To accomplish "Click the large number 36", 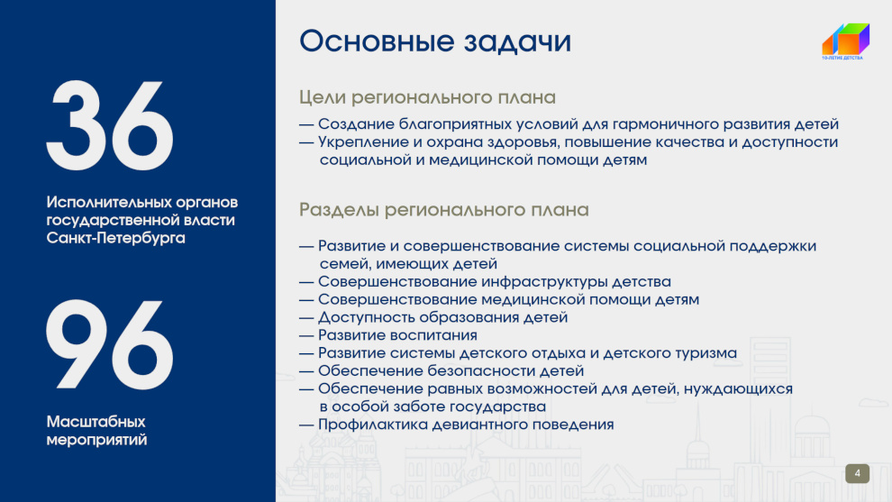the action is click(x=110, y=125).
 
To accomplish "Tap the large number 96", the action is click(x=110, y=345).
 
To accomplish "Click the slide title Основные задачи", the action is click(x=435, y=41).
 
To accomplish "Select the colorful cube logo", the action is click(x=846, y=40).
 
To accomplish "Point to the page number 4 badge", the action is click(x=857, y=473).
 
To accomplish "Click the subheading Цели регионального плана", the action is click(x=427, y=97).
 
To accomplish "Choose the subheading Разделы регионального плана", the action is click(x=443, y=210).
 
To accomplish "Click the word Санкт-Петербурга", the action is click(x=116, y=238).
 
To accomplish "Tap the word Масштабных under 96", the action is click(x=96, y=422).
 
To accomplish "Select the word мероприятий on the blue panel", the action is click(x=96, y=440).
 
